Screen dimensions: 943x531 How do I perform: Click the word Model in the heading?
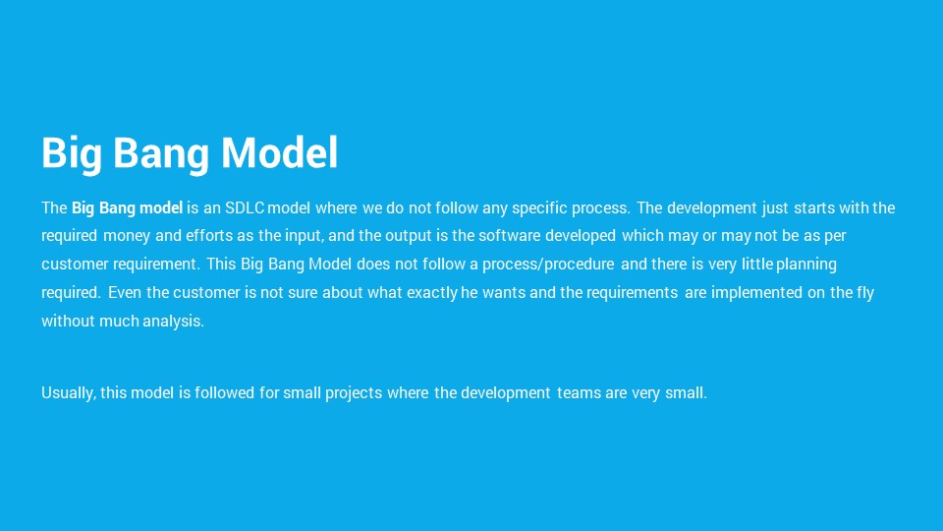(280, 152)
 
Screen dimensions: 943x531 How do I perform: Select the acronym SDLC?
(245, 207)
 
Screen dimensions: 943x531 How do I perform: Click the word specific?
(539, 208)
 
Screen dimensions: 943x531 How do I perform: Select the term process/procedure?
(548, 265)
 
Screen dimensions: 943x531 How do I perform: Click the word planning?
(805, 265)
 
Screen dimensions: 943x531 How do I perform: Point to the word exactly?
(432, 293)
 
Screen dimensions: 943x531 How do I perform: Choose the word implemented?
(756, 293)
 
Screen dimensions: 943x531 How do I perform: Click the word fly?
(865, 293)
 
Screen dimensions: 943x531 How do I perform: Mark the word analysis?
(173, 321)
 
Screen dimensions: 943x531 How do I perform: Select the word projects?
(354, 393)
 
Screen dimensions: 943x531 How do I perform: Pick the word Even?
(125, 293)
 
